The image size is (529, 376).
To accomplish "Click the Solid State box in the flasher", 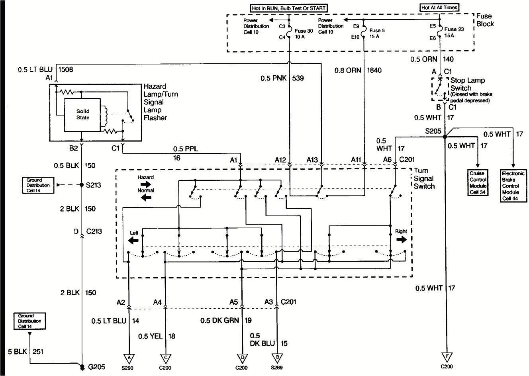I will coord(83,115).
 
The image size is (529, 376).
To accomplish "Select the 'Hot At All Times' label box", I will coord(439,7).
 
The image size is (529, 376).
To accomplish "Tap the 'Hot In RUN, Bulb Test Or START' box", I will coord(289,8).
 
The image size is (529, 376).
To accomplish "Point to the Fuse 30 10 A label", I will coord(304,34).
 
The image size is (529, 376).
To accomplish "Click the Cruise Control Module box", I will coord(478,183).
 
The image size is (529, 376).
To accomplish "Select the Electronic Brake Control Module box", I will coord(513,186).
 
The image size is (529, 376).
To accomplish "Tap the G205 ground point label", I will coord(96,367).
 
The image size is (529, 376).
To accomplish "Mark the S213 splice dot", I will coord(82,185).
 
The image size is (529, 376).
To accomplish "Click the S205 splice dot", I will coord(444,137).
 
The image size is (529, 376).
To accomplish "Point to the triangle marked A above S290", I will coord(129,357).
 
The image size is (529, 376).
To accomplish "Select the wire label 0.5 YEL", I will coord(150,336).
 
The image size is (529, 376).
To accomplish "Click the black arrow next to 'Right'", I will coord(401,239).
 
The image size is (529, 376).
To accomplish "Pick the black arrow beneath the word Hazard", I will coord(145,184).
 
